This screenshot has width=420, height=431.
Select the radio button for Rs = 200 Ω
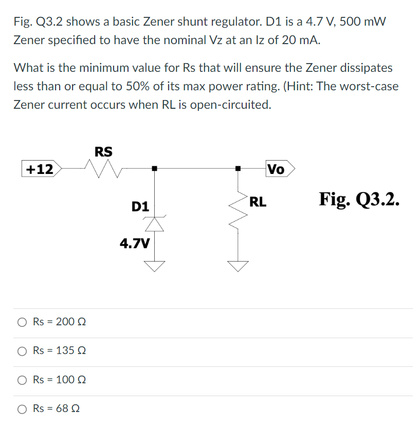pos(22,322)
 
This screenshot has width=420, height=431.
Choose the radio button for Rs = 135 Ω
pos(22,351)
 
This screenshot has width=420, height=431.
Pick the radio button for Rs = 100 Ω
pos(22,380)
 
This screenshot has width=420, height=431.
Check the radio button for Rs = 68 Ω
pos(22,409)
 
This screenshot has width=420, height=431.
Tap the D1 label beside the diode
pos(140,207)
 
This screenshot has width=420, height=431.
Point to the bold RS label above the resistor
pos(103,151)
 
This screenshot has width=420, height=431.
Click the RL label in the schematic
pos(258,202)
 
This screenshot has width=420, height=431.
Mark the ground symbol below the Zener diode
pos(153,265)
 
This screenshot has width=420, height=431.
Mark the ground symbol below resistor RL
pos(238,265)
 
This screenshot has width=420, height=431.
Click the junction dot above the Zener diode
pos(153,168)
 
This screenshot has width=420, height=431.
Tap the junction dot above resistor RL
pos(238,168)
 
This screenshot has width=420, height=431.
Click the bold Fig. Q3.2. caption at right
pos(359,199)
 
